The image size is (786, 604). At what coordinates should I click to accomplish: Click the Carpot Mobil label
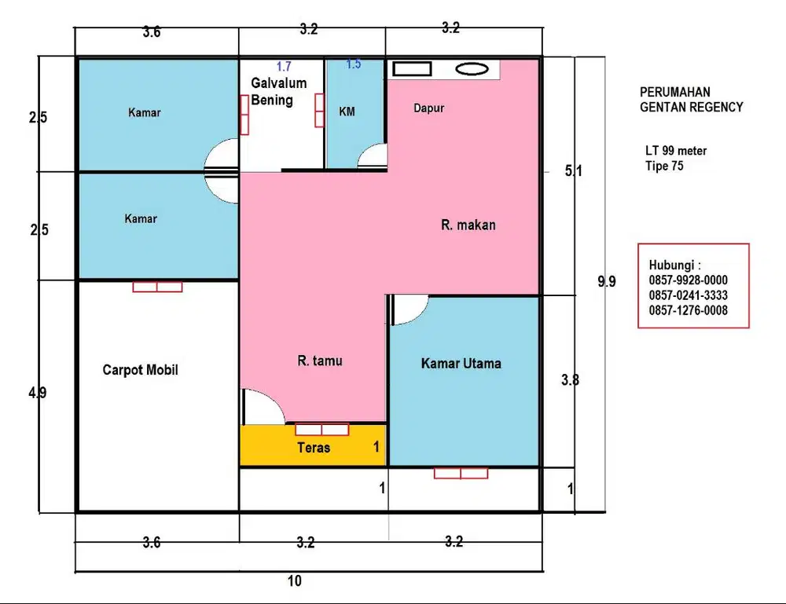pyautogui.click(x=141, y=370)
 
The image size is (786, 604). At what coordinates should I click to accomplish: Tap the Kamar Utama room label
pyautogui.click(x=461, y=364)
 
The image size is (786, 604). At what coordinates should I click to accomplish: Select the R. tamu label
pyautogui.click(x=320, y=361)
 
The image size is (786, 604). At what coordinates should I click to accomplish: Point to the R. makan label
pyautogui.click(x=468, y=225)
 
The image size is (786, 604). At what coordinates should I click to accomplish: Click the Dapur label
pyautogui.click(x=429, y=108)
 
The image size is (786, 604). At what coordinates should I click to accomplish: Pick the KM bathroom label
pyautogui.click(x=347, y=112)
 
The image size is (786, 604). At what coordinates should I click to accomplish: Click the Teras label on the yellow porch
pyautogui.click(x=314, y=447)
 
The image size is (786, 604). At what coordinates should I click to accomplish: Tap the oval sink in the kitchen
pyautogui.click(x=472, y=69)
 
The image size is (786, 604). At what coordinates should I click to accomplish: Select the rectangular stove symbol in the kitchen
pyautogui.click(x=412, y=68)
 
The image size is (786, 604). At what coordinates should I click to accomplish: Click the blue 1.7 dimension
pyautogui.click(x=284, y=66)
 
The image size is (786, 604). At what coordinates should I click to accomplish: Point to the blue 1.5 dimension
pyautogui.click(x=354, y=64)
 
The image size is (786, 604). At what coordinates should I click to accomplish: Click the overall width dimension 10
pyautogui.click(x=295, y=581)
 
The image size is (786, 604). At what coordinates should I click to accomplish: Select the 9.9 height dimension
pyautogui.click(x=607, y=281)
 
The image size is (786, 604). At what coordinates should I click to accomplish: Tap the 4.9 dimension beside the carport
pyautogui.click(x=38, y=393)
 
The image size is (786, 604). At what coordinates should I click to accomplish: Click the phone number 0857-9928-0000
pyautogui.click(x=689, y=280)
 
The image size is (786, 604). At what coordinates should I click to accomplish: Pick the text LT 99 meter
pyautogui.click(x=676, y=151)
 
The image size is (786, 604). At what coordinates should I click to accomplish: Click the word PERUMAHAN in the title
pyautogui.click(x=674, y=92)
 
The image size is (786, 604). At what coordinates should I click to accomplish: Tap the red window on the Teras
pyautogui.click(x=321, y=429)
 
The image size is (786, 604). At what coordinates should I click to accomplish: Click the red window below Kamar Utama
pyautogui.click(x=461, y=473)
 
